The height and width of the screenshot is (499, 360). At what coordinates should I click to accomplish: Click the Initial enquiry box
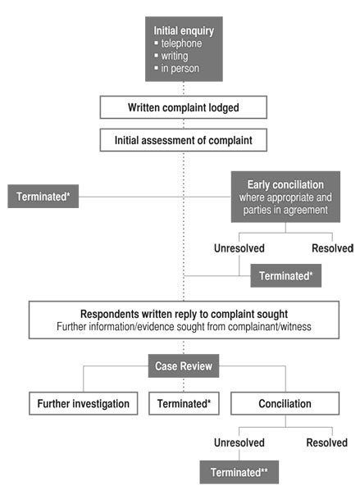[x=184, y=49]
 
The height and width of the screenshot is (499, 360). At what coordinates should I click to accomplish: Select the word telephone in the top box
[x=181, y=43]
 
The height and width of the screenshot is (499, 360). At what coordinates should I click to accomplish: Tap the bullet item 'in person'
[x=177, y=69]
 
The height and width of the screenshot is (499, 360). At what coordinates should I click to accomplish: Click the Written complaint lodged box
[x=184, y=107]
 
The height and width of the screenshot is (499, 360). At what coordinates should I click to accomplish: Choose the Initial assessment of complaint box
[x=184, y=140]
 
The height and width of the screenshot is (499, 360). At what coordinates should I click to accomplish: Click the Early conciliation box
[x=285, y=197]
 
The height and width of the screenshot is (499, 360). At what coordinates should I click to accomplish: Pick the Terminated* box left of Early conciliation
[x=43, y=197]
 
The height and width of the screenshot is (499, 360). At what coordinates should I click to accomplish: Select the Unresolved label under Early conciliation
[x=239, y=248]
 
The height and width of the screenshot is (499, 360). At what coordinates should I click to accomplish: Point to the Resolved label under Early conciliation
[x=333, y=248]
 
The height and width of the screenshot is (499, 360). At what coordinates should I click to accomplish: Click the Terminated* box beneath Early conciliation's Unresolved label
[x=285, y=275]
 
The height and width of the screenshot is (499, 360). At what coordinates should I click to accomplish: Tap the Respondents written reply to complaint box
[x=184, y=320]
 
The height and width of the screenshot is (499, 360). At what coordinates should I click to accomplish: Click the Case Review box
[x=184, y=366]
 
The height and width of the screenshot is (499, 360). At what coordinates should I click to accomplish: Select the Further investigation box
[x=84, y=403]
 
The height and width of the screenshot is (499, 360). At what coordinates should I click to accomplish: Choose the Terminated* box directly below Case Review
[x=184, y=403]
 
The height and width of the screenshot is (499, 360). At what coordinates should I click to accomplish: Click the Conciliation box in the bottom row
[x=285, y=403]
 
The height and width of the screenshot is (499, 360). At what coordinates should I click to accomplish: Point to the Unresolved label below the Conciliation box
[x=239, y=442]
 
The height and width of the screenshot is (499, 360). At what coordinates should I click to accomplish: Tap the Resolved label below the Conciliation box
[x=327, y=442]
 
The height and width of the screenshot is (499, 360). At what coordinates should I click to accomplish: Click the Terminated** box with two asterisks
[x=239, y=472]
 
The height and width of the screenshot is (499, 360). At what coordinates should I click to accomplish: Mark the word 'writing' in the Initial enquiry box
[x=175, y=56]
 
